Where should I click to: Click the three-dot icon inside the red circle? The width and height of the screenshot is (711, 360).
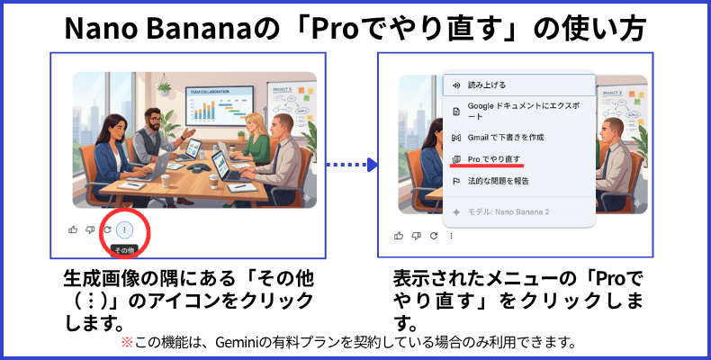[x=124, y=229]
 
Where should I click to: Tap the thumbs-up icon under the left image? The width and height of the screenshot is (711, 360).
[x=73, y=229]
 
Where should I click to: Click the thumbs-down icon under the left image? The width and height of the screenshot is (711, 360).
[x=90, y=229]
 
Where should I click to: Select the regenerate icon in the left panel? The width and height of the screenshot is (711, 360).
[x=107, y=229]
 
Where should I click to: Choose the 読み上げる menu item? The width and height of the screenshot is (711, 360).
[x=487, y=85]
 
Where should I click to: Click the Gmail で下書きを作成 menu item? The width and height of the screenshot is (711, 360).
[x=499, y=138]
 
